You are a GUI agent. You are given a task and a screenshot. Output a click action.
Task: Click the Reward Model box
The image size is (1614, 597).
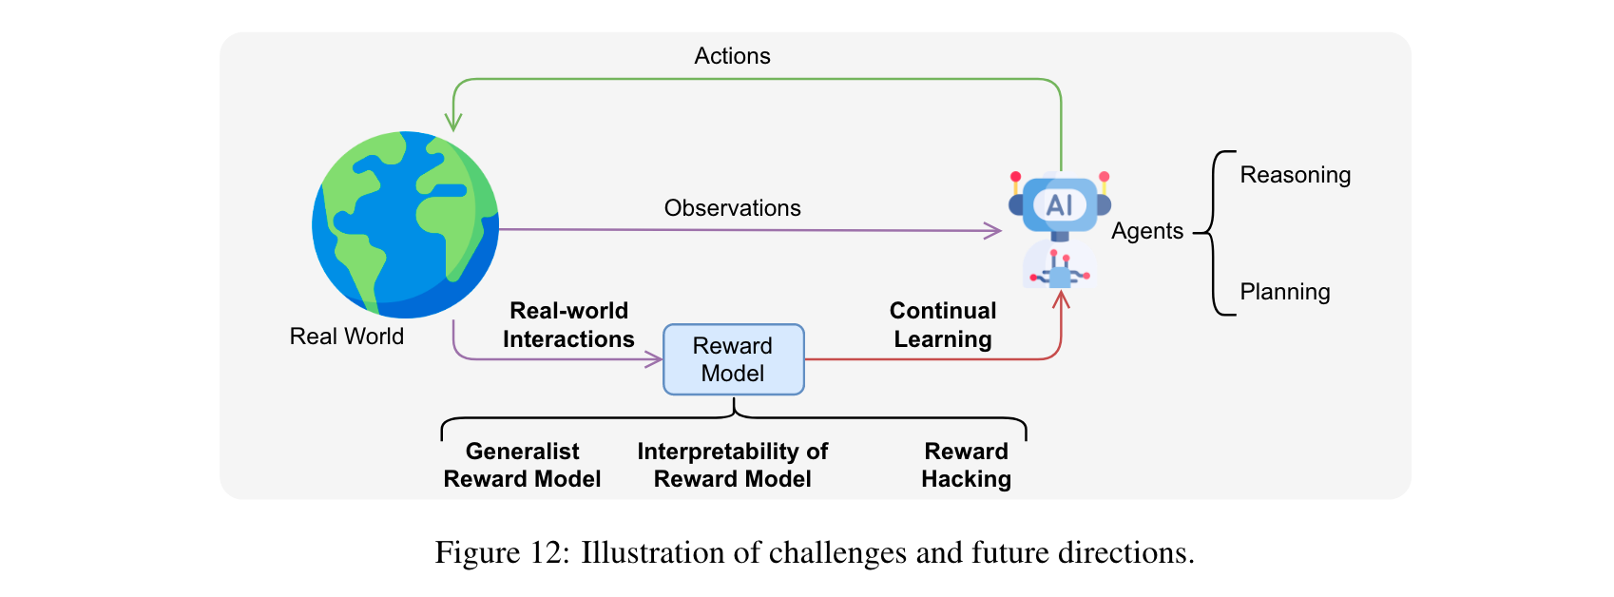click(733, 359)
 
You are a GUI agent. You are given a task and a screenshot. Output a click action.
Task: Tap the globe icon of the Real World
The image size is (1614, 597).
click(405, 224)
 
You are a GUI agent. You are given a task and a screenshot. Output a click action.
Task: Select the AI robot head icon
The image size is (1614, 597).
click(1059, 204)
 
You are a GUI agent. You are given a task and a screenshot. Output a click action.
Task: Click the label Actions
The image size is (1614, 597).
click(732, 56)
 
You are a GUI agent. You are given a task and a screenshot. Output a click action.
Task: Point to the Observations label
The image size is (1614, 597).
click(732, 208)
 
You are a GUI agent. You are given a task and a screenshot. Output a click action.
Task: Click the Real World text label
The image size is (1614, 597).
click(346, 337)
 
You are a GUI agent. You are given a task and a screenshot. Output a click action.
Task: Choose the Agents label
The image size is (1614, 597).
click(1146, 231)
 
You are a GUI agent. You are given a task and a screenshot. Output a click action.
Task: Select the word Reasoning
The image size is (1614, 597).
click(1295, 175)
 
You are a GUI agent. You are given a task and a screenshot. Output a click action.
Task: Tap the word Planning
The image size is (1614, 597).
click(1284, 292)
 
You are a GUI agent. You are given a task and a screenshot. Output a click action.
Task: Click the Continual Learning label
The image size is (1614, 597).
click(942, 325)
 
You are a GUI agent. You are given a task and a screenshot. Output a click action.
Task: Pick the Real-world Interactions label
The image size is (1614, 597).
click(568, 325)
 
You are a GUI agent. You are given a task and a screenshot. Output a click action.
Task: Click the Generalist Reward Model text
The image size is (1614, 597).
click(522, 465)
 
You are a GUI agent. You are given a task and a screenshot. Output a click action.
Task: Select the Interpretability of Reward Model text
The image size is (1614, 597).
click(732, 465)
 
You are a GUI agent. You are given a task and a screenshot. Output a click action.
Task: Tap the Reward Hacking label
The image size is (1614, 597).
click(966, 465)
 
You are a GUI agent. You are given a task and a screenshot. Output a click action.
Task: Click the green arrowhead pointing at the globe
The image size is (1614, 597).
click(453, 124)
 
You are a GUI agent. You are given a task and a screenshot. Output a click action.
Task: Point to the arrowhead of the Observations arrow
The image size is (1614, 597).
click(994, 230)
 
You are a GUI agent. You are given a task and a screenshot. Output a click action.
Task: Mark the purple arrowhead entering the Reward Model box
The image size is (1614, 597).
click(655, 359)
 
